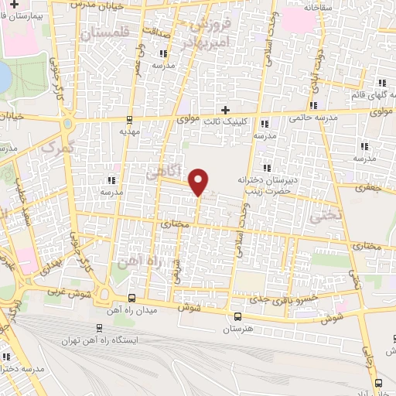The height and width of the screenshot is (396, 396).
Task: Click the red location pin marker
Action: (x=199, y=181)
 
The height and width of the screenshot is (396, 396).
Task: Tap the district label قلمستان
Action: (x=111, y=34)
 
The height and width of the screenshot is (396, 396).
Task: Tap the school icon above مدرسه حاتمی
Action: (x=313, y=106)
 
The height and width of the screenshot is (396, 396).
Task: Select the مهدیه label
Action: (x=128, y=131)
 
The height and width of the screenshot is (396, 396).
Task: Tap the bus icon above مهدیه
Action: (x=128, y=119)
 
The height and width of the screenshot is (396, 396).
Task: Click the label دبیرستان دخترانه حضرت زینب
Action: (x=278, y=183)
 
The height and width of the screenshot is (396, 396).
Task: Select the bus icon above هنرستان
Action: (x=237, y=316)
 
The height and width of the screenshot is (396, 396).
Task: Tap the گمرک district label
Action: (x=57, y=147)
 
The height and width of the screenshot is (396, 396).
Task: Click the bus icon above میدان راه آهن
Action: (x=131, y=298)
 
